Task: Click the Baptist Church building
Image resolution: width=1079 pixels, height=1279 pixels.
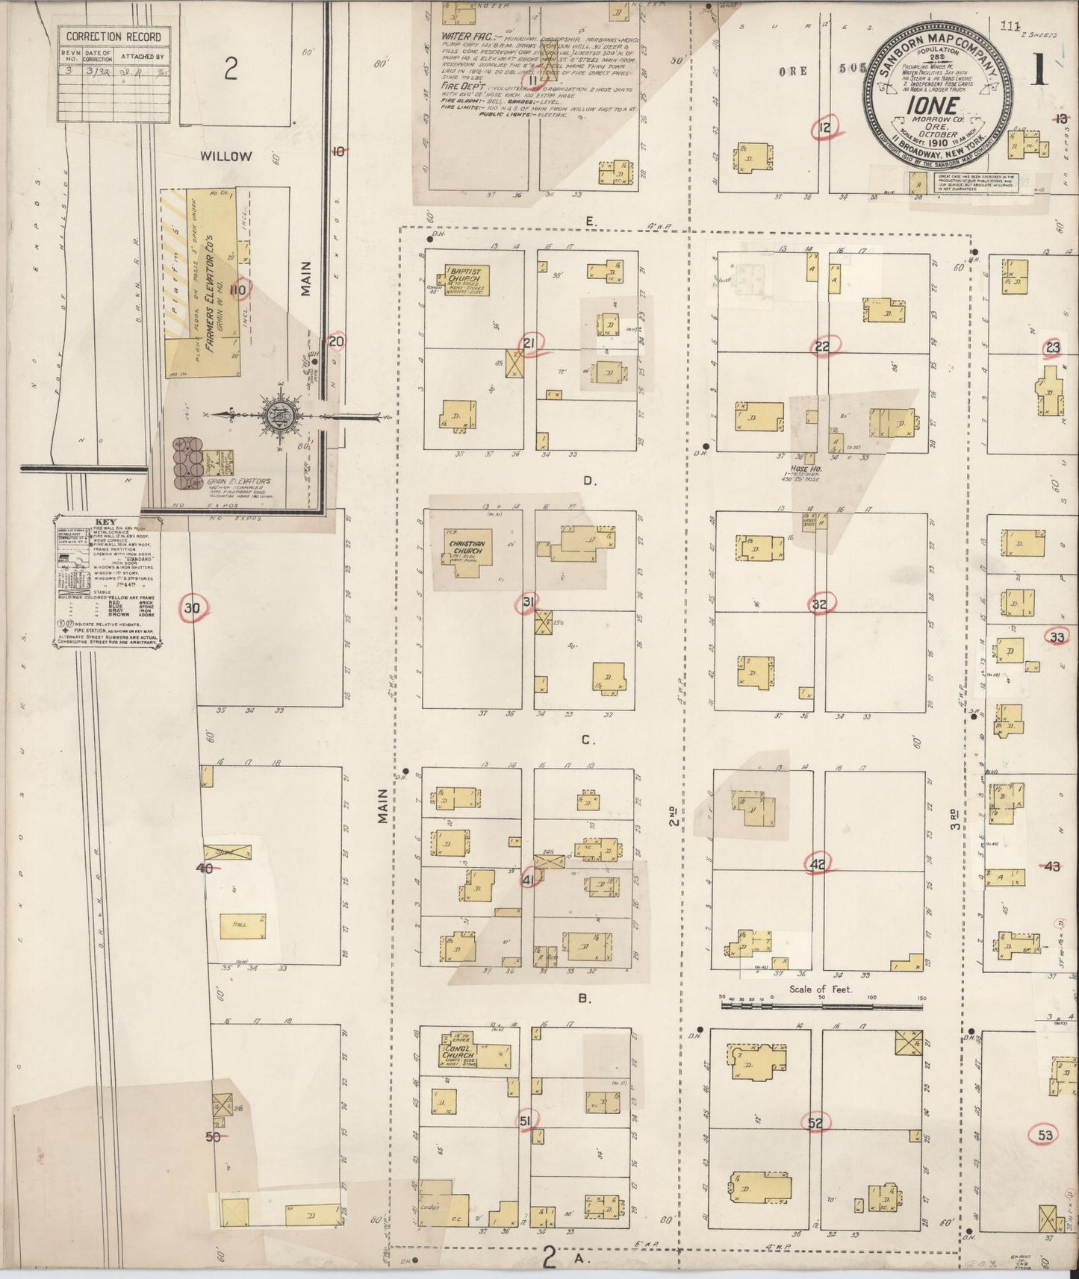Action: click(467, 280)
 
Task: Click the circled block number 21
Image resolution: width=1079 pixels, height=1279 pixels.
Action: click(530, 343)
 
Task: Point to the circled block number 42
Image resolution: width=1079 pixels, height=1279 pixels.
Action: click(818, 864)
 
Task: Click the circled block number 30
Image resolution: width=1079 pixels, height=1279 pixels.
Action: click(192, 608)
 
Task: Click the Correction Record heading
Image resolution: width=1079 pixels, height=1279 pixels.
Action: click(114, 36)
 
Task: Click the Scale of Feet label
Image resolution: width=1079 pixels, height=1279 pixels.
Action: click(821, 989)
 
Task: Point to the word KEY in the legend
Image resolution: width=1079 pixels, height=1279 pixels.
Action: click(107, 523)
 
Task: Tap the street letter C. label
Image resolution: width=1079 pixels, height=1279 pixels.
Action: click(587, 741)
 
